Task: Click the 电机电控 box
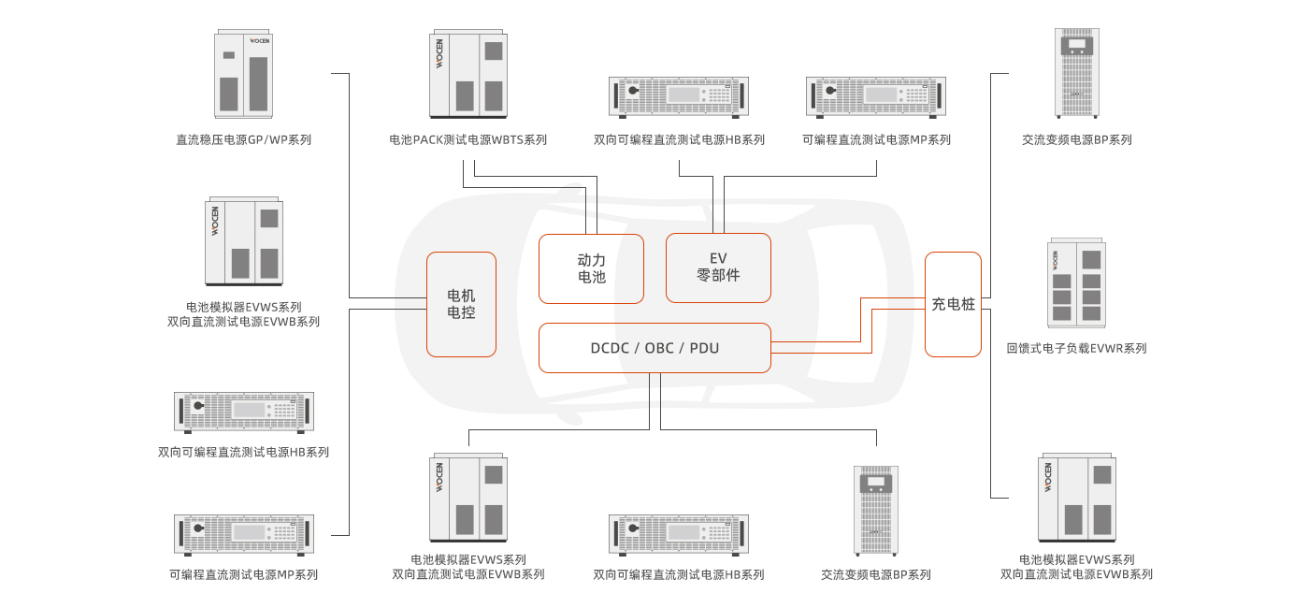tap(461, 304)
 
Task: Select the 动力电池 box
tap(591, 268)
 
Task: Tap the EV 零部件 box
tap(718, 268)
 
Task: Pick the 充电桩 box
tap(953, 304)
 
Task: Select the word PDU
tap(704, 348)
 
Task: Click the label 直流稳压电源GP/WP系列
tap(244, 140)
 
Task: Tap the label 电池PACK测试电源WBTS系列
tap(467, 140)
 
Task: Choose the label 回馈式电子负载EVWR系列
tap(1076, 349)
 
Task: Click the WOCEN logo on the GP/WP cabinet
tap(259, 41)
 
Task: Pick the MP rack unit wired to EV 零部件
tap(876, 95)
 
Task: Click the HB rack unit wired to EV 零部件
tap(679, 95)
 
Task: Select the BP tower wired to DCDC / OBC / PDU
tap(876, 510)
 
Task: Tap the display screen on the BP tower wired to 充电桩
tap(1078, 44)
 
